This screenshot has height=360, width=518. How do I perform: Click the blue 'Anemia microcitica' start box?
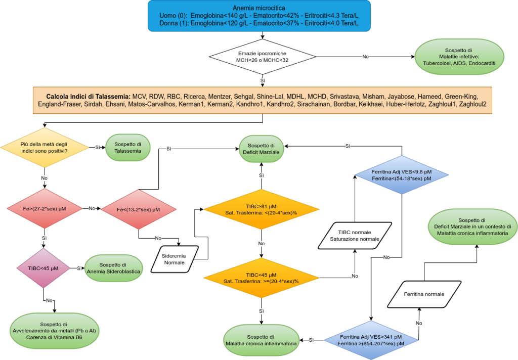(x=259, y=16)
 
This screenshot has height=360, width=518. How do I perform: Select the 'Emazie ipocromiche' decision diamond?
(x=263, y=57)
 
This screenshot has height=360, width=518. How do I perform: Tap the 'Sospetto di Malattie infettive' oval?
(x=459, y=57)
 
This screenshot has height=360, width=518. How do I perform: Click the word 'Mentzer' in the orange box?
(x=220, y=97)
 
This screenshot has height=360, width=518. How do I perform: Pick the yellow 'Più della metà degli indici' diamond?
(x=45, y=147)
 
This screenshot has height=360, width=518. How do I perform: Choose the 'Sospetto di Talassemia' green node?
(x=128, y=147)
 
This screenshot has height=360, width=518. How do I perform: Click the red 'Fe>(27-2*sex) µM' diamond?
(x=45, y=209)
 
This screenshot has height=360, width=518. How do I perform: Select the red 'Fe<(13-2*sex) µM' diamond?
(x=139, y=209)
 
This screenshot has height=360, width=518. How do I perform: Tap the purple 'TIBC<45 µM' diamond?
(x=44, y=268)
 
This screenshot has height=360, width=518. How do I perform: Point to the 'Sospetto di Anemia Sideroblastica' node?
(x=114, y=268)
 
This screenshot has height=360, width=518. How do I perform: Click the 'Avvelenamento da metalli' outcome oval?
(x=54, y=331)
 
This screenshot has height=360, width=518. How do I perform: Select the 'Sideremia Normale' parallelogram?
(x=175, y=259)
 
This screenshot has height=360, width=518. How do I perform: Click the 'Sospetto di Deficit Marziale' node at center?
(x=262, y=149)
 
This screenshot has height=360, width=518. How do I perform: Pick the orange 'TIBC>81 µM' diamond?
(x=262, y=209)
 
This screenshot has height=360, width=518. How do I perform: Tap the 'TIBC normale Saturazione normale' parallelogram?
(x=355, y=236)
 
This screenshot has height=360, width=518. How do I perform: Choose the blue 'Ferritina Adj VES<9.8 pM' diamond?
(x=402, y=175)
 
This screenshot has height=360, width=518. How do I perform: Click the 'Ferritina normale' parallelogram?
(x=424, y=294)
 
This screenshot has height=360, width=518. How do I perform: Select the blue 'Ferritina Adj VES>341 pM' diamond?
(x=371, y=340)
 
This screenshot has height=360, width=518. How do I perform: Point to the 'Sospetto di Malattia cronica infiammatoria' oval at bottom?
(x=262, y=340)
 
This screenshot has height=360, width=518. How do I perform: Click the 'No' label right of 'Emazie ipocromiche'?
(x=365, y=57)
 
